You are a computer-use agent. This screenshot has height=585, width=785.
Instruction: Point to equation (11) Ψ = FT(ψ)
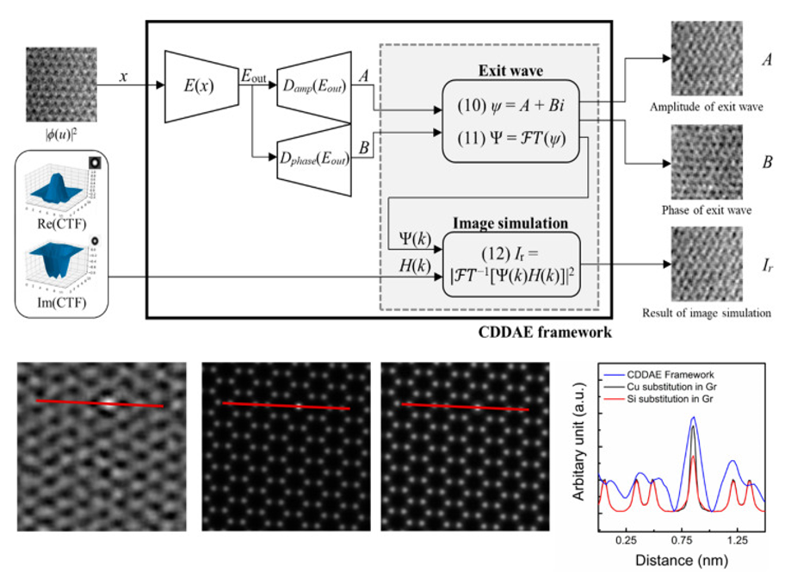(x=510, y=136)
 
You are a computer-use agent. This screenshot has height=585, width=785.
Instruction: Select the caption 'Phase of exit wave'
(x=706, y=209)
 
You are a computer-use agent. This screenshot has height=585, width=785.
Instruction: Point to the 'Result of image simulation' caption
(x=707, y=312)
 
